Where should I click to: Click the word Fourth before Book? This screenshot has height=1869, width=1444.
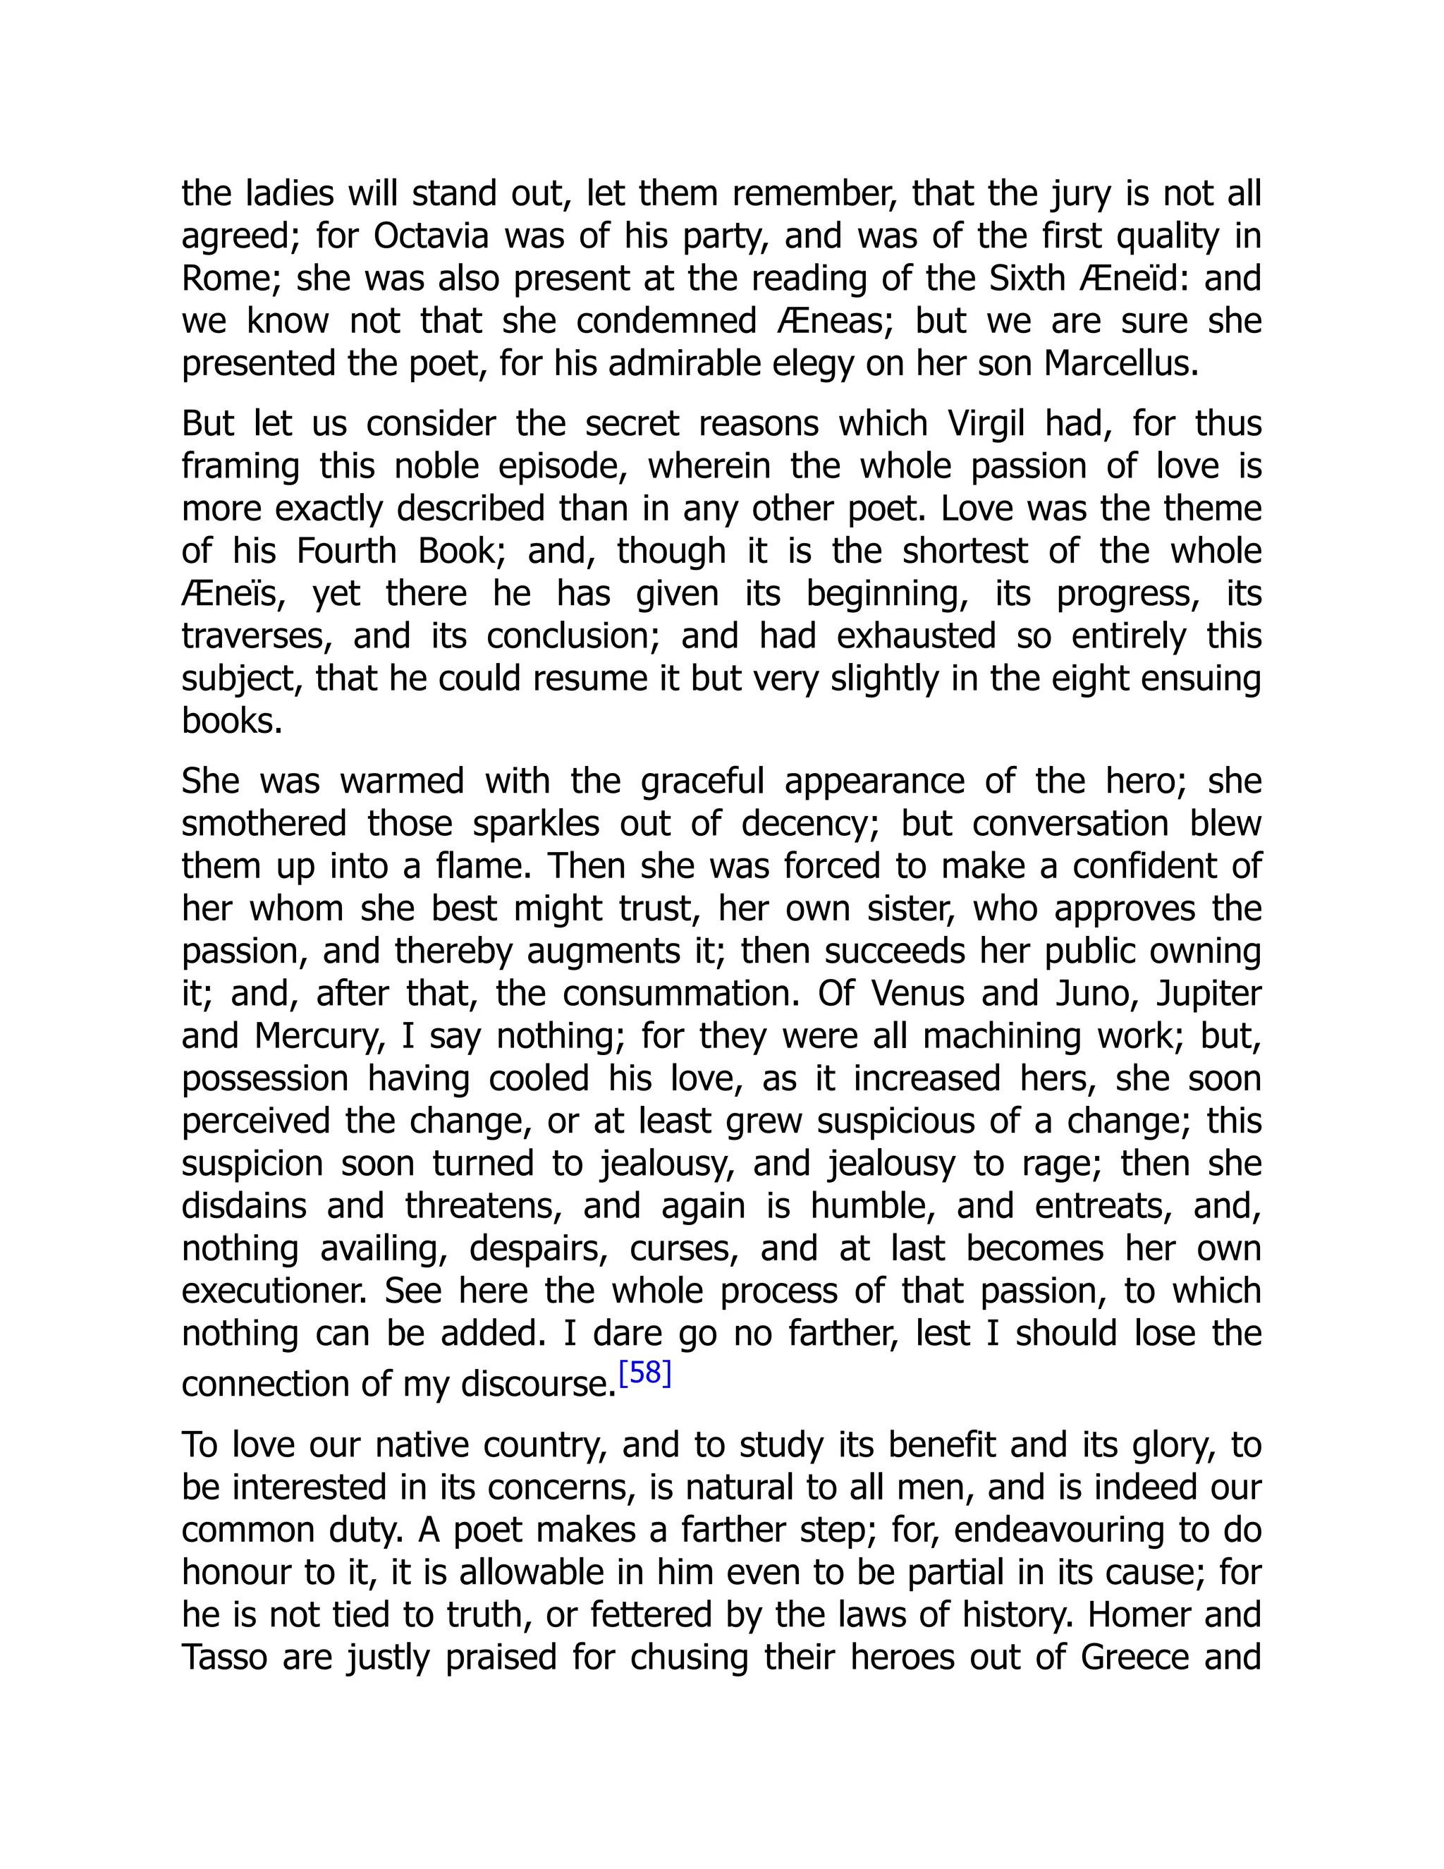coord(346,551)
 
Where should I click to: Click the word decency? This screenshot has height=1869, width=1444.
coord(807,824)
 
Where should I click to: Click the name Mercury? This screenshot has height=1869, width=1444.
coord(316,1036)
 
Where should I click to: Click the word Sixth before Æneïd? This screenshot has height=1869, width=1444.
coord(1035,279)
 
